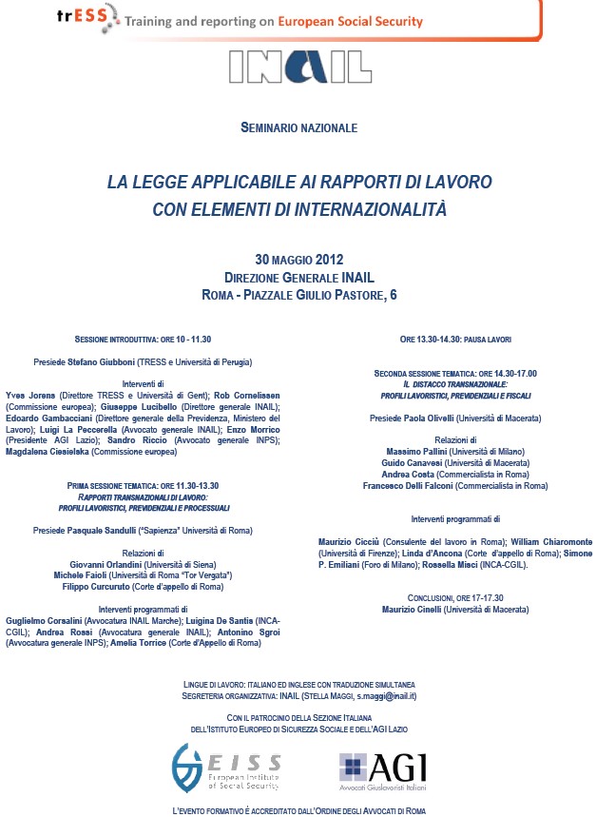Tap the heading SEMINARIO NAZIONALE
tap(298, 126)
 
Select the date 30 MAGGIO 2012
tap(298, 260)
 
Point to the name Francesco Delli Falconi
tap(409, 486)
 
